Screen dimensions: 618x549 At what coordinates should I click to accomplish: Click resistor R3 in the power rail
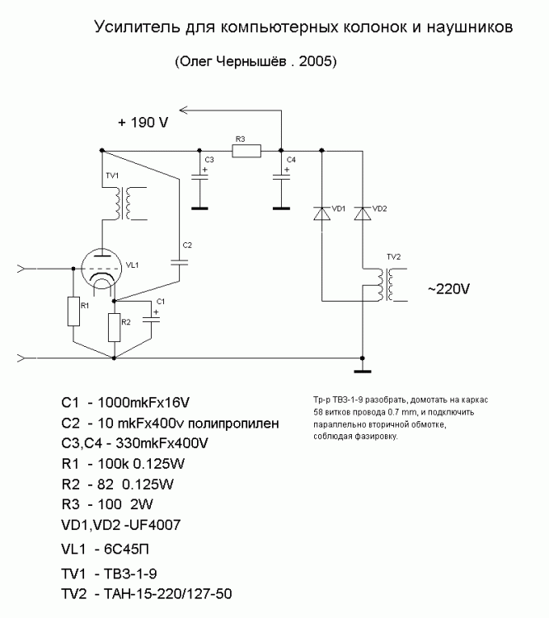(246, 151)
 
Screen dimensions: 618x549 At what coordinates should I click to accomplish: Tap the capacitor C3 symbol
(199, 176)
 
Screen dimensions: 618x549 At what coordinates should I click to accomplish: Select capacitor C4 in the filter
(281, 176)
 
